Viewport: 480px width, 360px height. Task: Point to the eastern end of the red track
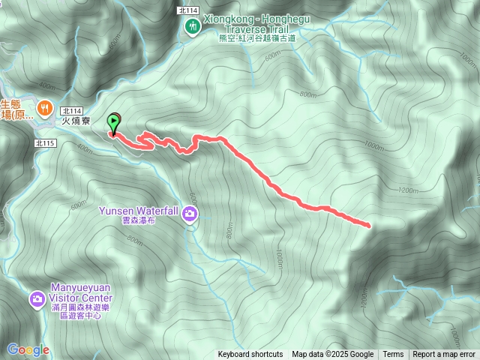click(x=370, y=224)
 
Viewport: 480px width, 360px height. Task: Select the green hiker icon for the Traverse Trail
click(x=193, y=26)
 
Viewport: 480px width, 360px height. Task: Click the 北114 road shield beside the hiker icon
click(x=188, y=10)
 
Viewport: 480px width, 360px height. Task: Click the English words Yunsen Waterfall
click(x=139, y=211)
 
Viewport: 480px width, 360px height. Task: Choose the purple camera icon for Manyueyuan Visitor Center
click(x=36, y=300)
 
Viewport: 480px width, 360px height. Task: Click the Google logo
click(x=28, y=349)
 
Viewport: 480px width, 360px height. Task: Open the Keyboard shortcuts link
click(x=250, y=355)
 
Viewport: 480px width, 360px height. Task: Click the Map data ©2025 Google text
click(x=333, y=355)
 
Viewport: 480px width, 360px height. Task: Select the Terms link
click(x=393, y=355)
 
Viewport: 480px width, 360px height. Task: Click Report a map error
click(x=444, y=355)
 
